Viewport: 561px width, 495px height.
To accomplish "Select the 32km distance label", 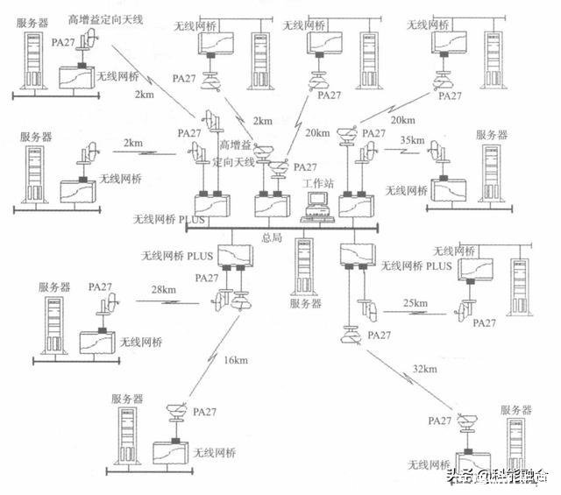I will click(425, 369).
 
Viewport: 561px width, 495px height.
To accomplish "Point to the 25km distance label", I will click(415, 303).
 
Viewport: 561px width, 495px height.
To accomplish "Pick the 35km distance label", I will click(411, 140).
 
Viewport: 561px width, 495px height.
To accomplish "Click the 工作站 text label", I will click(316, 183).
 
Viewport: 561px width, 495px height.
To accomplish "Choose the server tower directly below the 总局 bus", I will click(303, 267).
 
